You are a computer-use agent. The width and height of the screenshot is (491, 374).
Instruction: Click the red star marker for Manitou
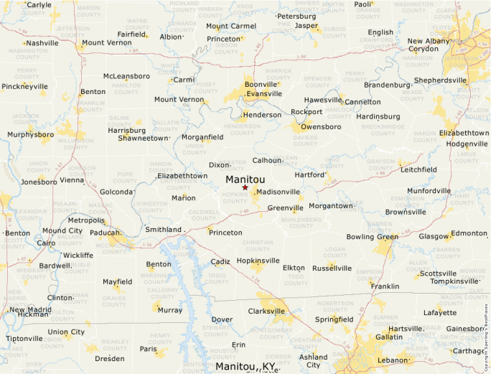coord(245,187)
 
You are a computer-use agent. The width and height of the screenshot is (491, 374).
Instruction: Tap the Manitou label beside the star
coord(245,179)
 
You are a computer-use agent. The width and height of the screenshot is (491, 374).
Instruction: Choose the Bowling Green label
coord(372,237)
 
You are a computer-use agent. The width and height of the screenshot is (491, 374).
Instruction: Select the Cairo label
coord(46,243)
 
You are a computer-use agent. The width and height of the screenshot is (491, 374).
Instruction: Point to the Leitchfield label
coord(418,169)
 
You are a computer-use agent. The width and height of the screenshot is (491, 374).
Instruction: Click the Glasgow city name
coord(434,236)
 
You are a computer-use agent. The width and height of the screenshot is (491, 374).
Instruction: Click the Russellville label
coord(332,268)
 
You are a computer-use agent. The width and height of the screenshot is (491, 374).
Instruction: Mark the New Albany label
coord(429,41)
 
